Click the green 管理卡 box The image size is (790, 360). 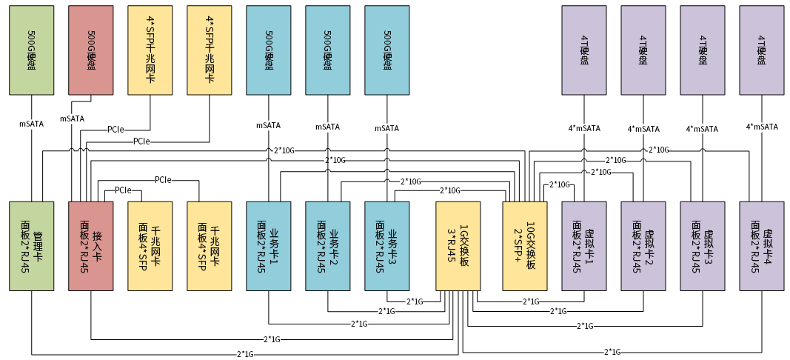click(x=32, y=245)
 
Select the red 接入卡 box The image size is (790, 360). click(x=91, y=245)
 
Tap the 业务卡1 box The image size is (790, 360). click(x=269, y=245)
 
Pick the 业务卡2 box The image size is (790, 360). click(x=328, y=245)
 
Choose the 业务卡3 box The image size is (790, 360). click(x=387, y=245)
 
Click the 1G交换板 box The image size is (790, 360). click(x=458, y=245)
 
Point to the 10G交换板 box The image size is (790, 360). click(x=525, y=245)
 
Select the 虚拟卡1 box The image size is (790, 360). click(x=584, y=245)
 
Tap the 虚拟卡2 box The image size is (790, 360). click(x=643, y=245)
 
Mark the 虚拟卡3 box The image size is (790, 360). click(x=703, y=245)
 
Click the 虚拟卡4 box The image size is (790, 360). click(x=762, y=245)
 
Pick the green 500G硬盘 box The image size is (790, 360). click(x=32, y=50)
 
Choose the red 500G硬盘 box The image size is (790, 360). click(x=91, y=50)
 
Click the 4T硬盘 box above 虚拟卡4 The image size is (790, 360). click(x=762, y=50)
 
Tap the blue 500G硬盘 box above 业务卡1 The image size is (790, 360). click(x=269, y=50)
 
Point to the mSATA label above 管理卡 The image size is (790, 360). click(x=31, y=124)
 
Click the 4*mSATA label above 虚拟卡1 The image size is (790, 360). click(x=584, y=128)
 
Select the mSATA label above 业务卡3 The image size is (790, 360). click(x=386, y=127)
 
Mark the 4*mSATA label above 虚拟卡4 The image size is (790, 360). click(x=762, y=126)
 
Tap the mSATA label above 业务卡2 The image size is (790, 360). click(x=327, y=127)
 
